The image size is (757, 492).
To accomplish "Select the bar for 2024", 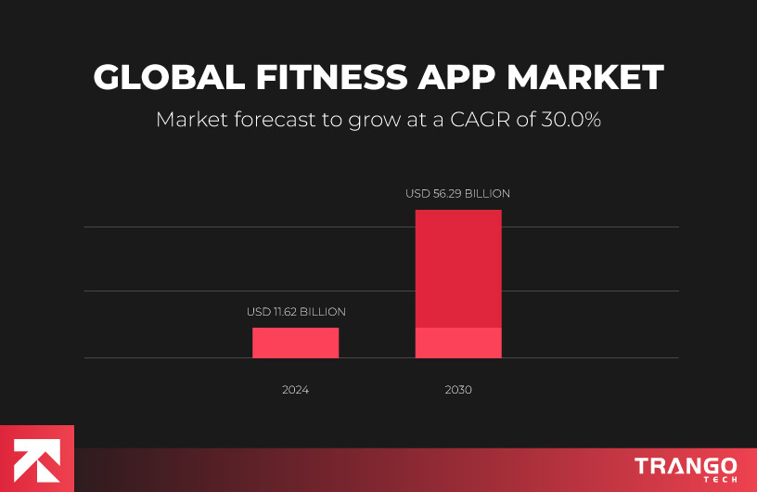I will (295, 343).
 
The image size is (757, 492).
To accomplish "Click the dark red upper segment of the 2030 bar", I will (458, 268).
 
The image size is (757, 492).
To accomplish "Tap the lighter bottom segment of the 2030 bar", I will (458, 343).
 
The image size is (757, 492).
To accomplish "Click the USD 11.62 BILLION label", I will (296, 312).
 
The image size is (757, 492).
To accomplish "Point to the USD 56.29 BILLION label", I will (458, 194).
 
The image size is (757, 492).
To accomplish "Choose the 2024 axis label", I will (295, 390).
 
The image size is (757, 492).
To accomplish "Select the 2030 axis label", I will (458, 390).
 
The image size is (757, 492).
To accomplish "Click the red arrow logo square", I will (36, 459).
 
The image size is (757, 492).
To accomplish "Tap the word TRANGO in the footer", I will (686, 465).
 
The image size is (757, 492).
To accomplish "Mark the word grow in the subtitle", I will (376, 121).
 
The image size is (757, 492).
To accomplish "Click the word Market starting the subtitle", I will (189, 121).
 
